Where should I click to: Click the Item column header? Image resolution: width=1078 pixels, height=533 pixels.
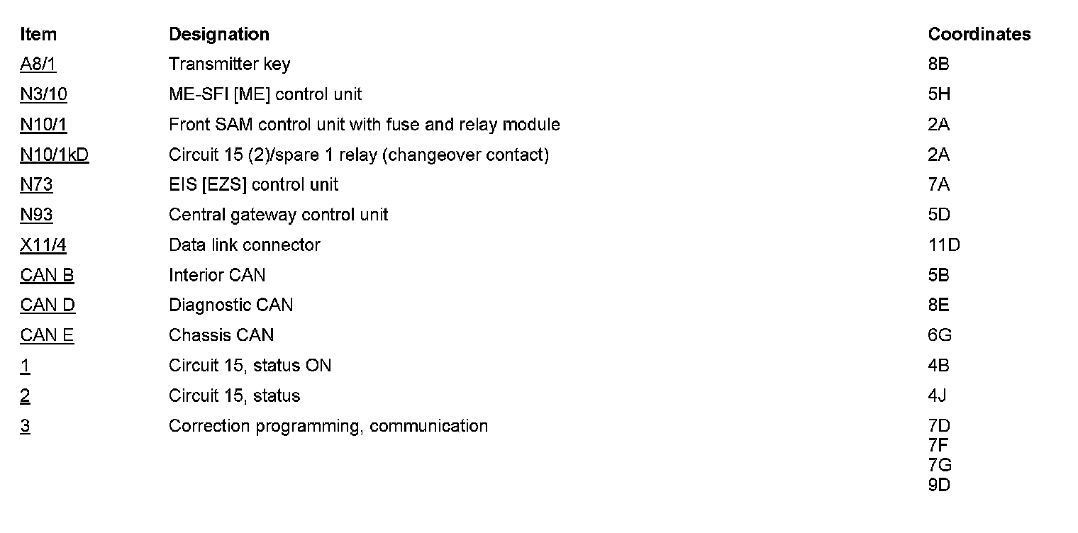click(x=38, y=34)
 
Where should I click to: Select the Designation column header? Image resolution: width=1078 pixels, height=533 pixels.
click(x=218, y=34)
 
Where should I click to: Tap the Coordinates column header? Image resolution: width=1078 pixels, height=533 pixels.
click(x=979, y=34)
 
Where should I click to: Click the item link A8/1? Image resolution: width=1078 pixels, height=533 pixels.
click(x=38, y=64)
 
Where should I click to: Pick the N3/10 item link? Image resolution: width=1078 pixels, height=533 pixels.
click(x=43, y=94)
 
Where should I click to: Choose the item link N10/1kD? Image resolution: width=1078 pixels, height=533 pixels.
click(x=55, y=155)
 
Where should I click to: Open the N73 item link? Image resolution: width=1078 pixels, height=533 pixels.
click(x=36, y=185)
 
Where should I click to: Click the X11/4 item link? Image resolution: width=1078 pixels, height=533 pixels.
click(x=43, y=245)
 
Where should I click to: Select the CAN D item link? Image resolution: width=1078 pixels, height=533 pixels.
click(x=48, y=305)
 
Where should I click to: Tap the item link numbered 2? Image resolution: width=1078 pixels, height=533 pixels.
click(x=25, y=395)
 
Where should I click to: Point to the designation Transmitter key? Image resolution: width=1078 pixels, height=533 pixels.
click(x=229, y=64)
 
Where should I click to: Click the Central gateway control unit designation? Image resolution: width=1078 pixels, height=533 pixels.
click(x=278, y=215)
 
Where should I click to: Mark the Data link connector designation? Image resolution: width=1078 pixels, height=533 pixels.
click(x=244, y=245)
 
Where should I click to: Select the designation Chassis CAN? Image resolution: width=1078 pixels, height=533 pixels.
click(x=221, y=335)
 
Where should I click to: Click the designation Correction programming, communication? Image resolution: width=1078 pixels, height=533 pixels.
click(x=328, y=426)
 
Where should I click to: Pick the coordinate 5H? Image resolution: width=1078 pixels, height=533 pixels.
click(x=938, y=94)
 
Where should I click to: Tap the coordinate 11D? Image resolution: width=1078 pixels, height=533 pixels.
click(x=943, y=245)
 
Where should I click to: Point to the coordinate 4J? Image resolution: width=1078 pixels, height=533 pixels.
click(x=937, y=395)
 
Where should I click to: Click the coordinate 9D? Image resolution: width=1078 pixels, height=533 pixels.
click(x=938, y=486)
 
